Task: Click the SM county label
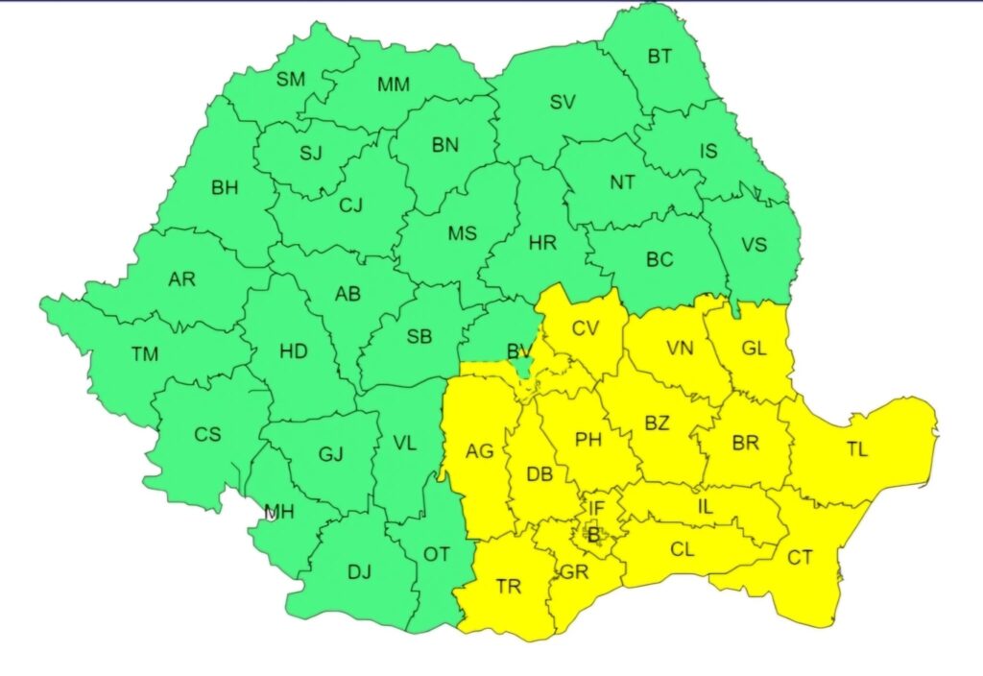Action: point(291,80)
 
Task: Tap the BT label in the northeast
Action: point(659,56)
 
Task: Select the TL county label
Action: point(857,449)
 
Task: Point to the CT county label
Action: point(800,557)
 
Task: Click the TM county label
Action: point(145,354)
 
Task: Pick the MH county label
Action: point(279,513)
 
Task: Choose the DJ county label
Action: point(359,572)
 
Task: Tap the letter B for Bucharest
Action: point(593,534)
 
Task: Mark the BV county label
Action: point(519,350)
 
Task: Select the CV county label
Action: point(586,328)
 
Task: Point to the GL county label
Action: point(755,349)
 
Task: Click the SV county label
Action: point(563,103)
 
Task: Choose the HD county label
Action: point(294,351)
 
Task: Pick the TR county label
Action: point(508,586)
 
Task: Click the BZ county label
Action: point(657,423)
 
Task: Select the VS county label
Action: point(755,244)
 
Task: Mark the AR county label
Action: point(181,279)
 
